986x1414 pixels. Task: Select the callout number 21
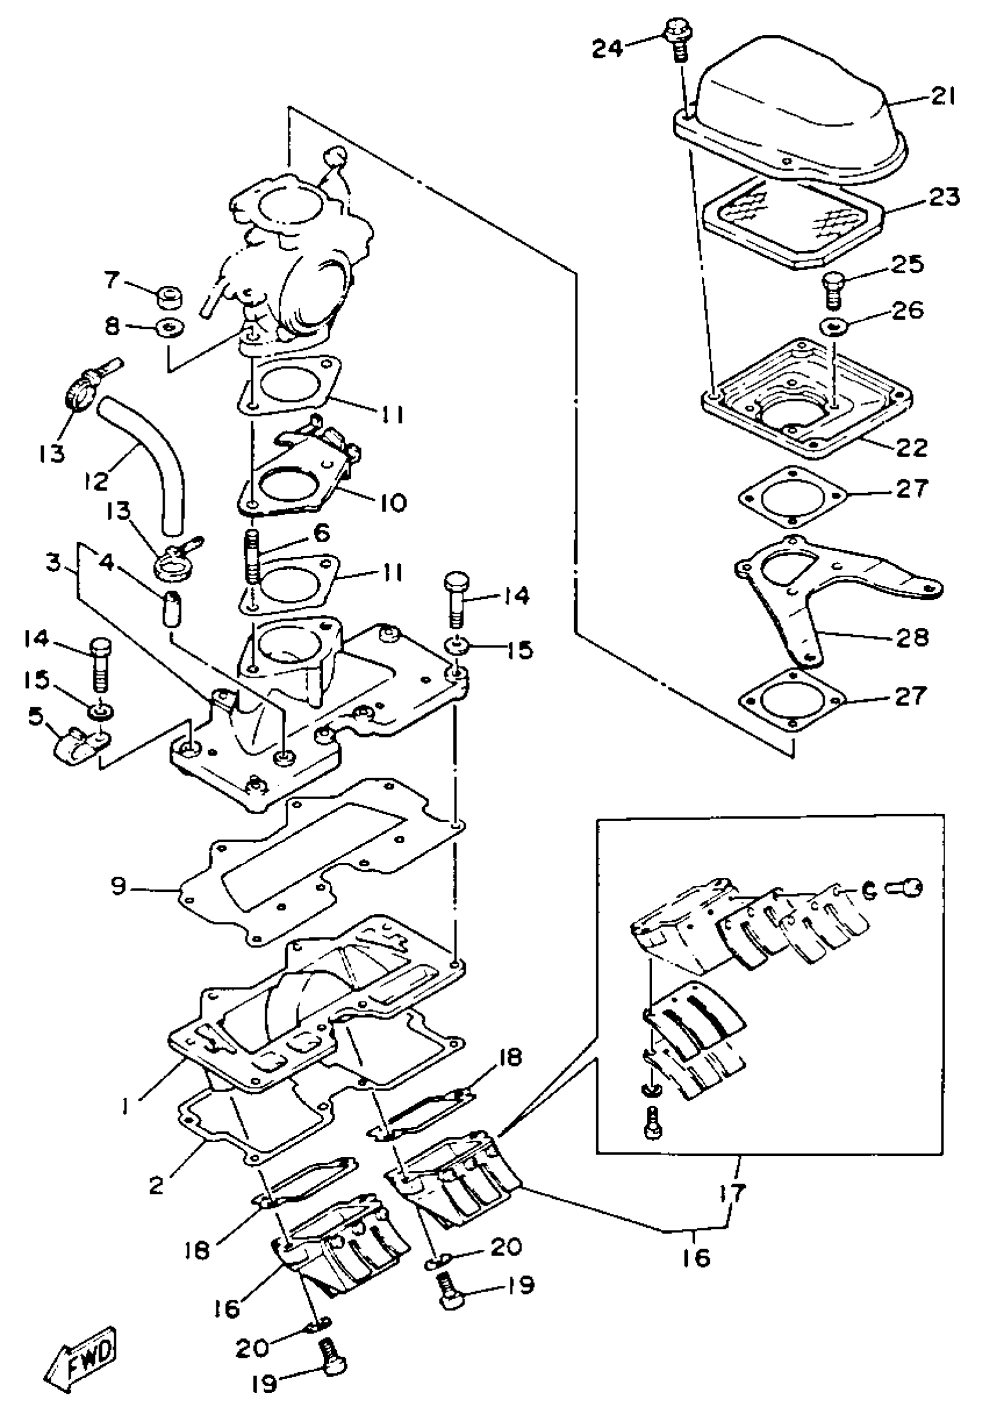click(942, 97)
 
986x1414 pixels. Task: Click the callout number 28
click(912, 638)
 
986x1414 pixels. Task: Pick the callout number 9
click(119, 886)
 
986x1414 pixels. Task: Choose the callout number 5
click(37, 716)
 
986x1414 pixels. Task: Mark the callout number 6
click(321, 533)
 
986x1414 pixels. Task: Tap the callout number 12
click(97, 480)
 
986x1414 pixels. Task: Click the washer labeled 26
click(833, 324)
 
